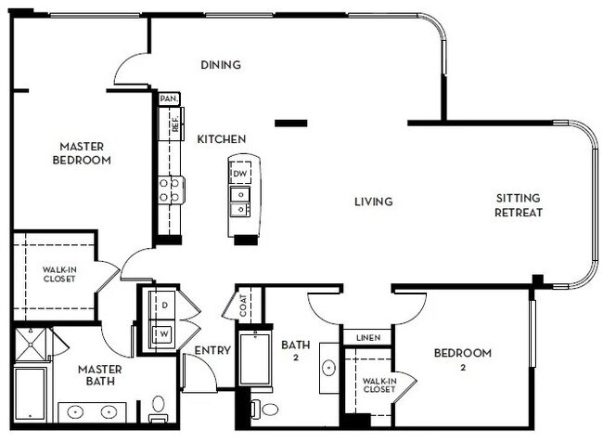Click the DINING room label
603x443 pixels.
click(221, 65)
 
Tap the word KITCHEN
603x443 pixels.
click(222, 139)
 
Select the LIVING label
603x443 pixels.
click(373, 202)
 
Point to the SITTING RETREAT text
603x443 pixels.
click(519, 205)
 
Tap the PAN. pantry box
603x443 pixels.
click(169, 98)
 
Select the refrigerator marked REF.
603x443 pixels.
click(173, 123)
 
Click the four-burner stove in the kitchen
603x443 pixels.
click(171, 190)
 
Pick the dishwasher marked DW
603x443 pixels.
click(239, 174)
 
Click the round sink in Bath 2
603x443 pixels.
click(330, 366)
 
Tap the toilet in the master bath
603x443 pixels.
click(159, 408)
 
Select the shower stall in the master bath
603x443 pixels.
click(32, 344)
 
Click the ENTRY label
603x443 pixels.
click(212, 350)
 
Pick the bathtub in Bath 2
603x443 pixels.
click(254, 360)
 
